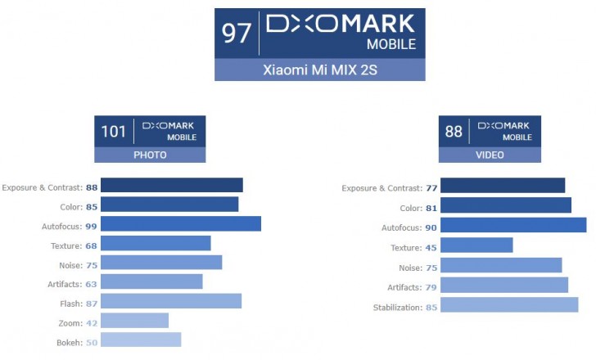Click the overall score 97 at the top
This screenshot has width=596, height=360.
tap(236, 34)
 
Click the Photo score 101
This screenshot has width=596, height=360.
tap(113, 131)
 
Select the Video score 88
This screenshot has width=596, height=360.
tap(454, 131)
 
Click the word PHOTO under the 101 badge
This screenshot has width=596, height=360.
tap(149, 155)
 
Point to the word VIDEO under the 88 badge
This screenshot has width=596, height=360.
tap(490, 155)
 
